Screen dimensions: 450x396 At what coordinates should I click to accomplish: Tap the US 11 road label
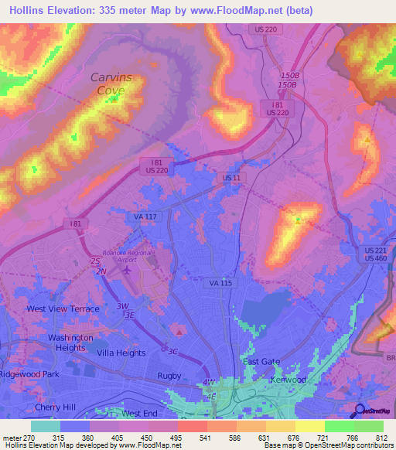pos(230,178)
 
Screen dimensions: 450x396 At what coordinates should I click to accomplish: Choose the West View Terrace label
pos(63,309)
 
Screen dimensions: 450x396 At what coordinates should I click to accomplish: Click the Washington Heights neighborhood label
pos(70,343)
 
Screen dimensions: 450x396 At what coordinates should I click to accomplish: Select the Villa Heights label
pos(121,353)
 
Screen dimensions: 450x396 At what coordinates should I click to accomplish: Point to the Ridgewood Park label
pos(29,374)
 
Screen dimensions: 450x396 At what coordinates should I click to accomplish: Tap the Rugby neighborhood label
pos(169,376)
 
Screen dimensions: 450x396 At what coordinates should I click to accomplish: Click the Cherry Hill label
pos(54,407)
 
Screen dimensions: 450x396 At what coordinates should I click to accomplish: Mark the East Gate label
pos(261,362)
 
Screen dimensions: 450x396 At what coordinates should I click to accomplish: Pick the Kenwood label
pos(288,380)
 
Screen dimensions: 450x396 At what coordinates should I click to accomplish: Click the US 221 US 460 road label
pos(377,254)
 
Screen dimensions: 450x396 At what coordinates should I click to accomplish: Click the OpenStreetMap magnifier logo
pos(358,411)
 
